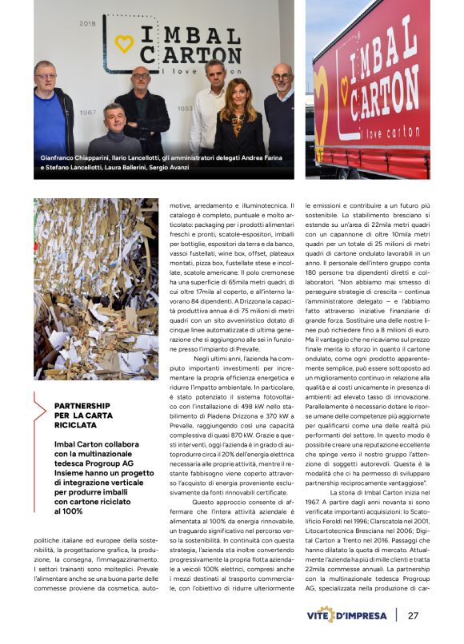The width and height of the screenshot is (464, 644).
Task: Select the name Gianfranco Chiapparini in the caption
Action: (74, 158)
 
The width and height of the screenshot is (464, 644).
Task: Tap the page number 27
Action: (413, 615)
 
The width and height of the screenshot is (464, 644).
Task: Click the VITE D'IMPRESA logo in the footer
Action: (346, 615)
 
